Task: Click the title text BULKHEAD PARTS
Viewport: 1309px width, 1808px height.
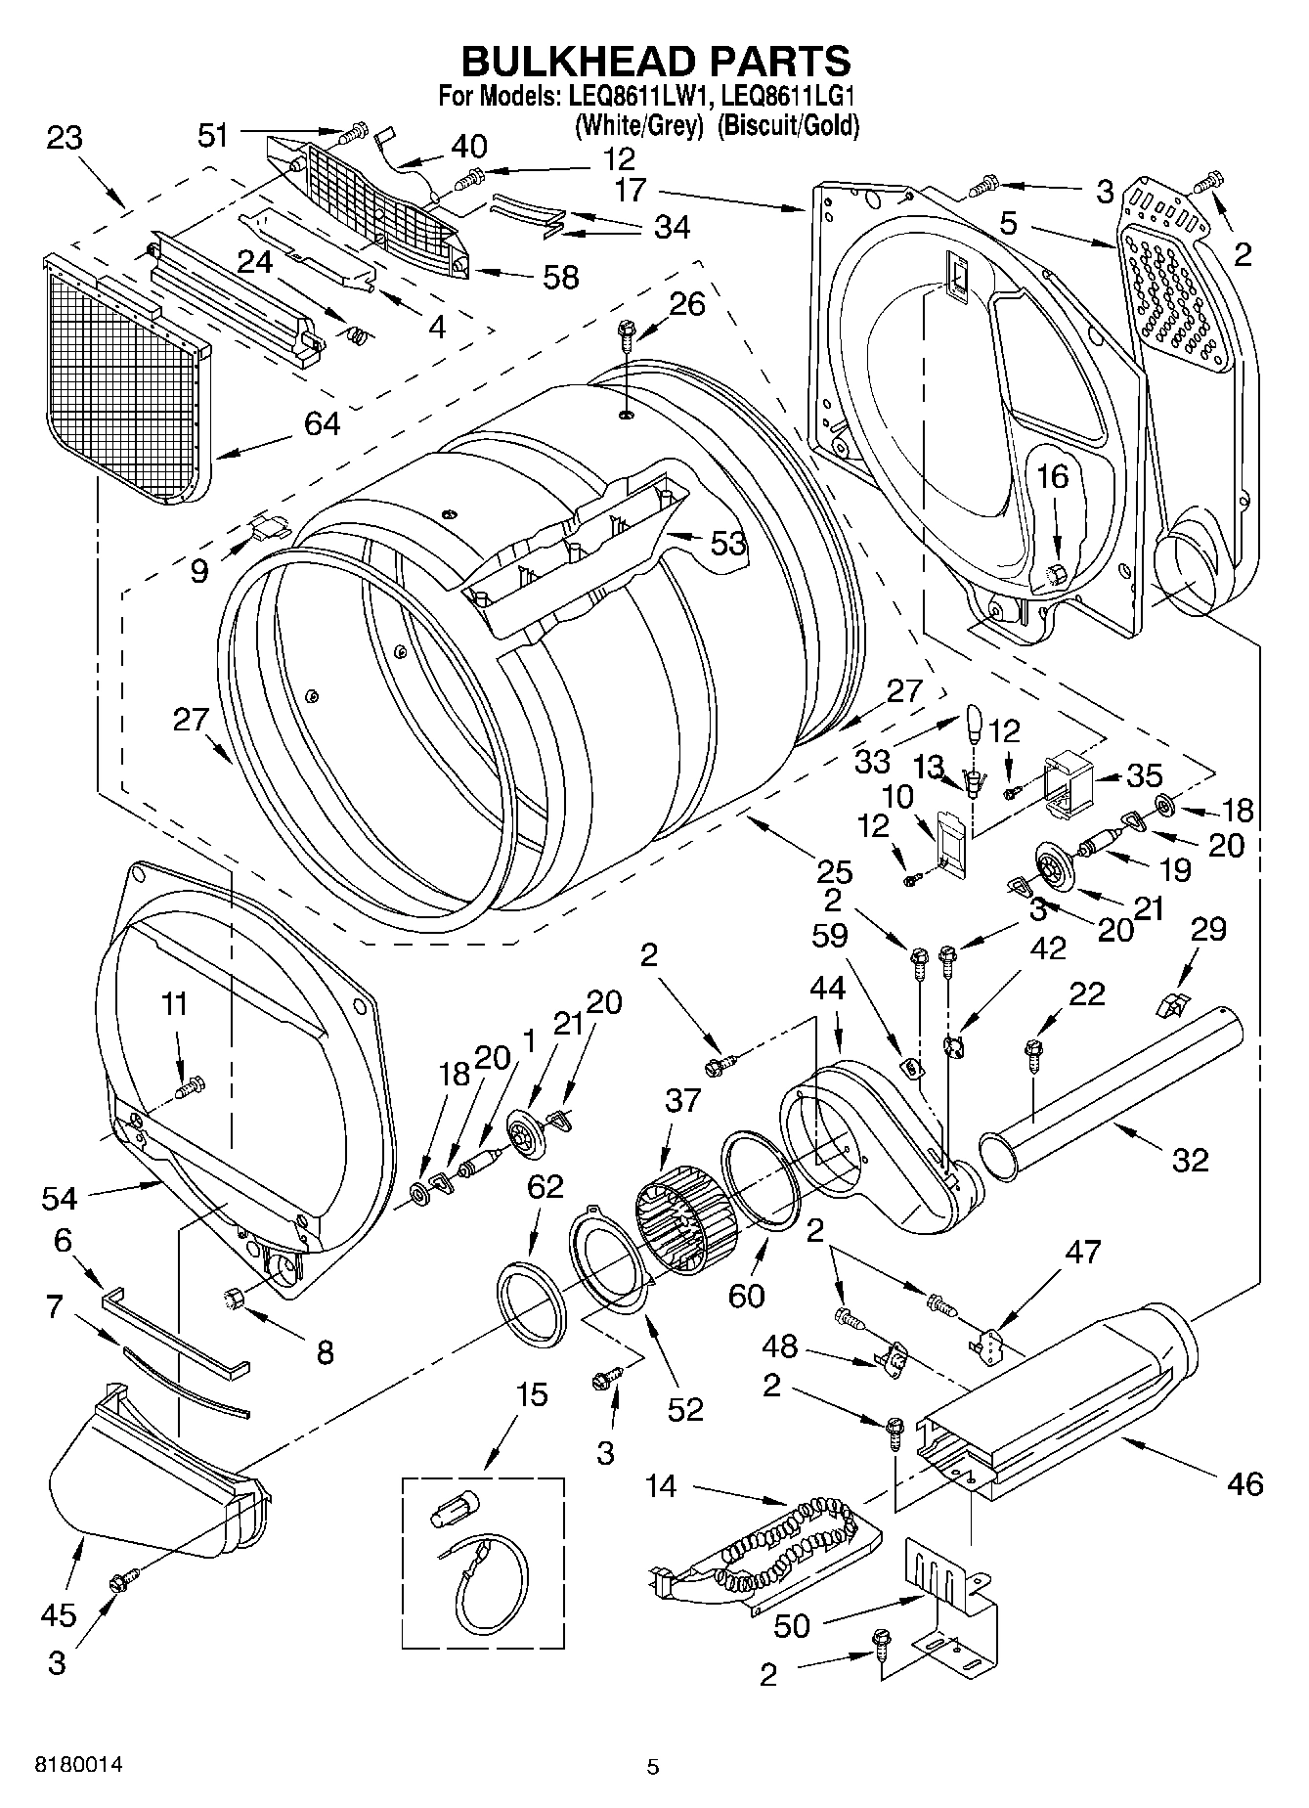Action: click(x=655, y=62)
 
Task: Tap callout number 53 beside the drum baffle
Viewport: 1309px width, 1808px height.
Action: click(x=728, y=544)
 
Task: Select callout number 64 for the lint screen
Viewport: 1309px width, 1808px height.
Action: click(x=322, y=423)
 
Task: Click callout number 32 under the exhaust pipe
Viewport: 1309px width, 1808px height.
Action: click(x=1190, y=1160)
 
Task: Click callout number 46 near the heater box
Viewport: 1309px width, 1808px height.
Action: click(x=1243, y=1483)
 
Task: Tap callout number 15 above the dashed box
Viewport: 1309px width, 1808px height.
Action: click(x=532, y=1394)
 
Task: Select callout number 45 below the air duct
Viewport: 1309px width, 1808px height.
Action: click(x=59, y=1614)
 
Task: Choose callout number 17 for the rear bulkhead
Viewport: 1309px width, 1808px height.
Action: click(x=631, y=189)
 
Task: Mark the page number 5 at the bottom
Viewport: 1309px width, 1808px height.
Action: click(x=653, y=1767)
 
